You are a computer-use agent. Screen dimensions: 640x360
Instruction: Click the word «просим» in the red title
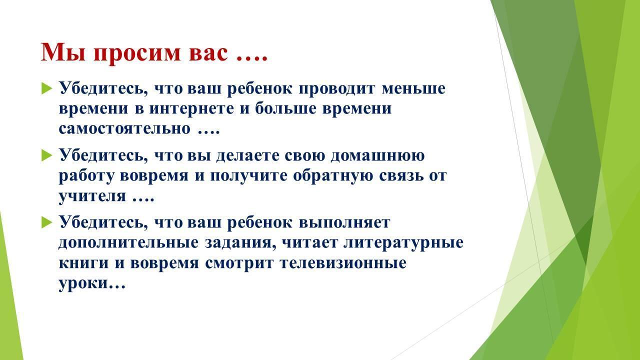click(x=137, y=53)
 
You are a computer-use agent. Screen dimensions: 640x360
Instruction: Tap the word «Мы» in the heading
click(x=63, y=52)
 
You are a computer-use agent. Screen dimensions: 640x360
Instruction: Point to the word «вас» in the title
click(x=208, y=53)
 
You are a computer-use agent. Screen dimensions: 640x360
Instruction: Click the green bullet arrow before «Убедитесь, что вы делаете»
click(x=46, y=155)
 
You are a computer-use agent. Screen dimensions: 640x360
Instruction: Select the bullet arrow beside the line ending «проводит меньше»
click(x=46, y=88)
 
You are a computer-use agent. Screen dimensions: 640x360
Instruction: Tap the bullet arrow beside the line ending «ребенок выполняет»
click(x=46, y=222)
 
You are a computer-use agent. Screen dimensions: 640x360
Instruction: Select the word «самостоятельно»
click(x=124, y=129)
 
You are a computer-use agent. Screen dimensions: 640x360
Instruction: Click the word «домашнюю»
click(x=377, y=156)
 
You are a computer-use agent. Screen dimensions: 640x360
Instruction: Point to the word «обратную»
click(x=333, y=175)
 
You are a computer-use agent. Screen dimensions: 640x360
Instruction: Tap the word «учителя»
click(x=92, y=196)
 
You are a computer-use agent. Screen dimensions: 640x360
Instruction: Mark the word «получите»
click(x=249, y=176)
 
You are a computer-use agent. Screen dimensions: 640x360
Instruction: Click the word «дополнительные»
click(x=128, y=243)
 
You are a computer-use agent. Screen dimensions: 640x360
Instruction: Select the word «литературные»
click(x=403, y=243)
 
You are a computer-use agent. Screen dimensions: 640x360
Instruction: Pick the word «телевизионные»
click(x=343, y=263)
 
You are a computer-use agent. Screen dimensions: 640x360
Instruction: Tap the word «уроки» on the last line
click(x=83, y=283)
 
